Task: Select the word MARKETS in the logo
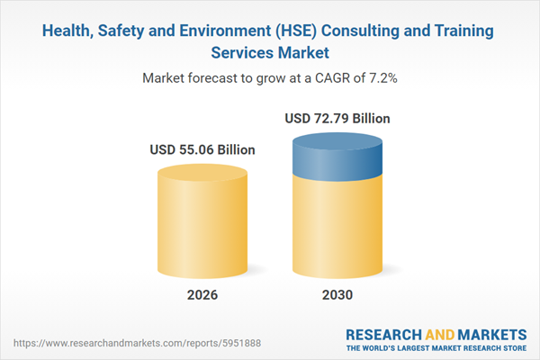click(487, 332)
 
